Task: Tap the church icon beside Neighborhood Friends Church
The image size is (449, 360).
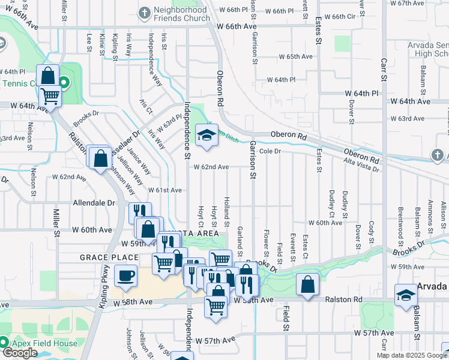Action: pyautogui.click(x=145, y=13)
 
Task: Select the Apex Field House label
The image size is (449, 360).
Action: pyautogui.click(x=43, y=344)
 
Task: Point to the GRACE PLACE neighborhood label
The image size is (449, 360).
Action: pyautogui.click(x=109, y=257)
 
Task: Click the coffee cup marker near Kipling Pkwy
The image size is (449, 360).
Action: pyautogui.click(x=125, y=275)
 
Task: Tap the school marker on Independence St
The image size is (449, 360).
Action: pyautogui.click(x=206, y=134)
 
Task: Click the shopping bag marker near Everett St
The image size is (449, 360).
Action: pyautogui.click(x=307, y=284)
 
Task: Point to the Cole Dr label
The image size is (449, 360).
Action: pyautogui.click(x=270, y=152)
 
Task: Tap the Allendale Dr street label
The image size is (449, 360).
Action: pyautogui.click(x=94, y=203)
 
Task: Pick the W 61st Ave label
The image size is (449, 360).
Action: pyautogui.click(x=164, y=190)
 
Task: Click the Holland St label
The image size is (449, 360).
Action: pyautogui.click(x=227, y=207)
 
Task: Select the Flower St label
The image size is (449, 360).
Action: pyautogui.click(x=266, y=239)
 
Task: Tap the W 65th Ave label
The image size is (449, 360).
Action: pyautogui.click(x=295, y=56)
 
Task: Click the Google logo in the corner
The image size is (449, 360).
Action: pyautogui.click(x=20, y=353)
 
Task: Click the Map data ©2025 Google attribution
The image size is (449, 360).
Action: pyautogui.click(x=412, y=355)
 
